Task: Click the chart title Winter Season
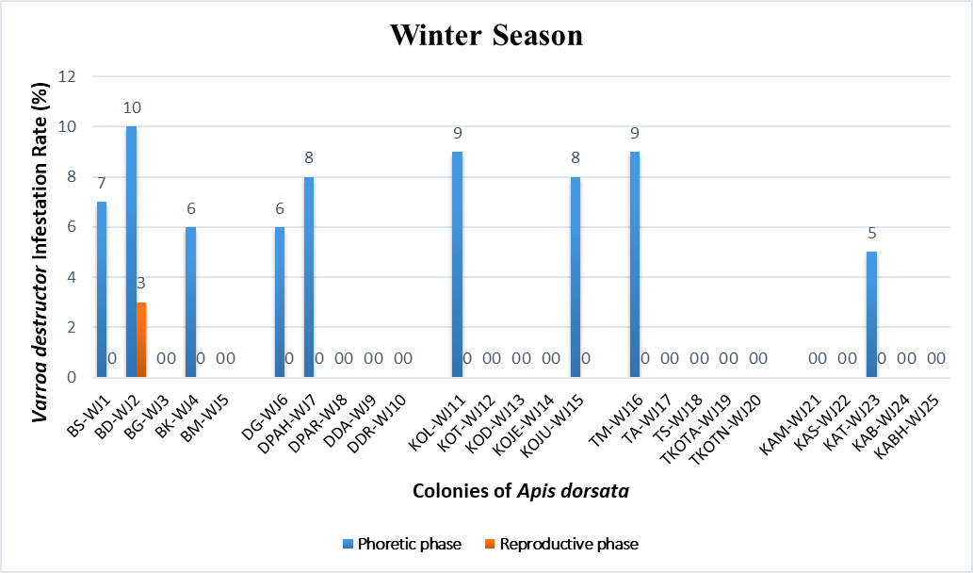(x=486, y=36)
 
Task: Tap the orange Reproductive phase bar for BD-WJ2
(x=141, y=339)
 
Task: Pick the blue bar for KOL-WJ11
(x=457, y=264)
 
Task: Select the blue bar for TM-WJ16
(x=635, y=264)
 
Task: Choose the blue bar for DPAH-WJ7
(x=309, y=277)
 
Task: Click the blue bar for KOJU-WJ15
(x=576, y=277)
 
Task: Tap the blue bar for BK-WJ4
(x=190, y=302)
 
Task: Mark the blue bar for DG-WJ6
(x=280, y=302)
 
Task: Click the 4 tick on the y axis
(x=72, y=277)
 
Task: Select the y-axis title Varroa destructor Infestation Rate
(x=42, y=226)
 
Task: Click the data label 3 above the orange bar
(x=141, y=283)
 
